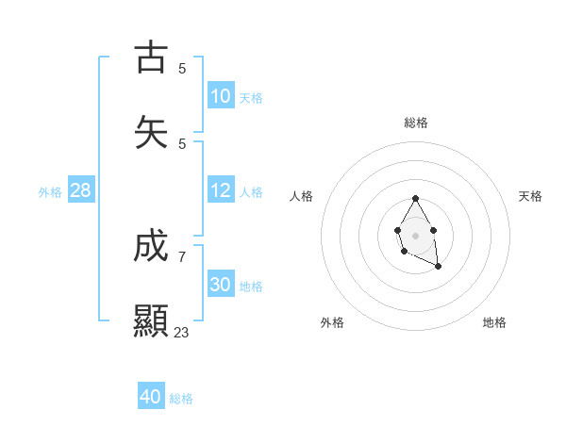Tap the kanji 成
click(x=151, y=247)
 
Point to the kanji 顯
click(x=151, y=320)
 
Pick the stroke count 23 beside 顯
click(x=181, y=333)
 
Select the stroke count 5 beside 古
click(x=182, y=69)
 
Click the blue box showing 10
click(x=221, y=96)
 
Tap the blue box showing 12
click(x=221, y=191)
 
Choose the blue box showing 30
click(x=221, y=286)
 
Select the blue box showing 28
click(x=81, y=191)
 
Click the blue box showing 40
click(x=151, y=398)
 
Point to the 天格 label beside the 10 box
click(x=251, y=98)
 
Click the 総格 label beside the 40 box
click(x=181, y=400)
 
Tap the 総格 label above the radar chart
click(x=416, y=123)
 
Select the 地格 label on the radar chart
click(x=494, y=322)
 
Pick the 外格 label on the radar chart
click(x=332, y=322)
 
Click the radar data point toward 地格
click(x=439, y=267)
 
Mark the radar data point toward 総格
click(x=415, y=198)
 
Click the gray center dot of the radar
click(x=415, y=234)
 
